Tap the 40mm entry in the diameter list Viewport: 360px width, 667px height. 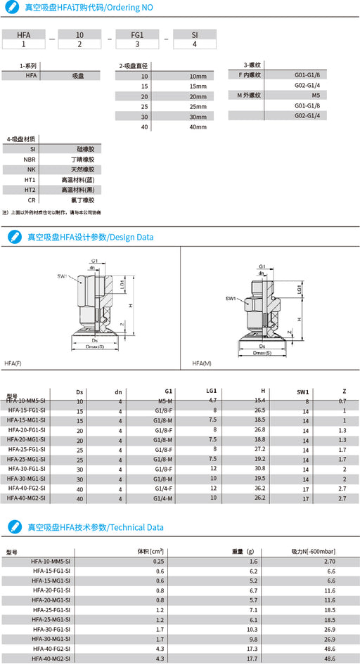198,127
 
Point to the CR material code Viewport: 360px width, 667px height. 32,200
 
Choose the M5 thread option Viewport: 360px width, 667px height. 316,94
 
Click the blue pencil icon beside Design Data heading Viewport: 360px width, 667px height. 13,238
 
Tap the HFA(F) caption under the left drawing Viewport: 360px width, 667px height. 13,363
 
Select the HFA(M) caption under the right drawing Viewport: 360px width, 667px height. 202,363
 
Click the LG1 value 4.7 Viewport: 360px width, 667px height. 212,400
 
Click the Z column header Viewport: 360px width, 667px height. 343,391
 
